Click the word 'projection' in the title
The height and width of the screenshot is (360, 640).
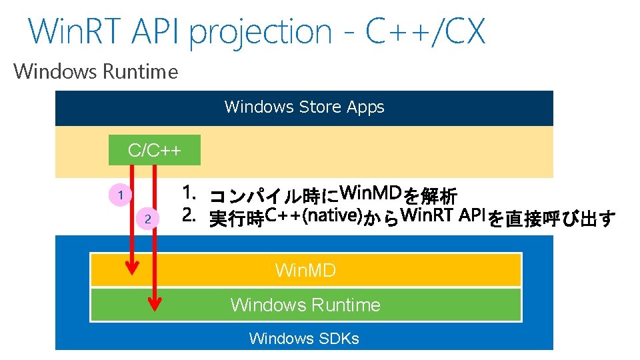click(x=260, y=32)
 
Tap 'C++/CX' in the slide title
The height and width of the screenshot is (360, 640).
click(x=425, y=31)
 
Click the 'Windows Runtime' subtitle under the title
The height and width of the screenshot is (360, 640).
click(x=96, y=71)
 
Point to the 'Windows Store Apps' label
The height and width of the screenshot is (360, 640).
click(x=305, y=107)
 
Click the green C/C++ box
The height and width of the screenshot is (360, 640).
click(x=154, y=151)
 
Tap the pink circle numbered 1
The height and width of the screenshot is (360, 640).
click(x=120, y=195)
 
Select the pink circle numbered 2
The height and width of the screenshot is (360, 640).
click(x=148, y=219)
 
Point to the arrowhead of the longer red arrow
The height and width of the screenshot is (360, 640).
click(x=155, y=303)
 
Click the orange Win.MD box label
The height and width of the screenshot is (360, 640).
click(x=305, y=270)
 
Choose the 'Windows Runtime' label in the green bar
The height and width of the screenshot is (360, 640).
click(x=305, y=305)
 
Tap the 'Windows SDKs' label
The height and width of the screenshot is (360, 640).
click(x=304, y=339)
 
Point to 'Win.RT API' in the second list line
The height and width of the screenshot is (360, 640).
click(x=445, y=216)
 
